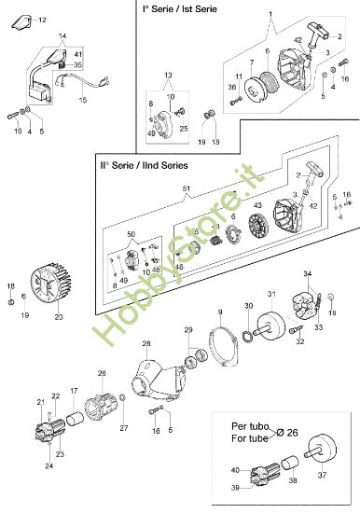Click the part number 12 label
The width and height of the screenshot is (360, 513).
[x=43, y=19]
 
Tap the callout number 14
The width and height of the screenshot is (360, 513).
[x=62, y=36]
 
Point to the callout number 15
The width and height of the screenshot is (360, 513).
[x=83, y=99]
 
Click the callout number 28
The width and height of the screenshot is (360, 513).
[x=145, y=344]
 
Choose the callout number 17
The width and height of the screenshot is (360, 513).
[x=74, y=391]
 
